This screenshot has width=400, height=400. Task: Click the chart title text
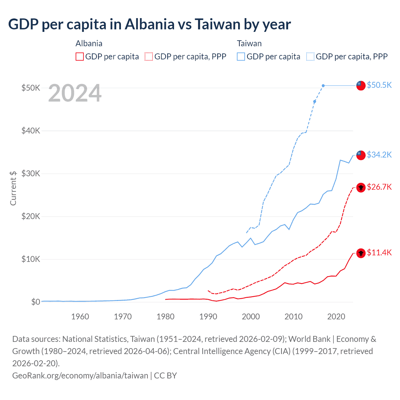click(149, 24)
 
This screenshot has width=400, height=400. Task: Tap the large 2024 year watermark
click(75, 93)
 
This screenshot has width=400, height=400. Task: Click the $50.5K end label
click(379, 85)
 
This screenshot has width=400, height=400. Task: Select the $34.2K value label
click(379, 155)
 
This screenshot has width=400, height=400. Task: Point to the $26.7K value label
click(379, 187)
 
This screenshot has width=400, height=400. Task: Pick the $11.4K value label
click(379, 252)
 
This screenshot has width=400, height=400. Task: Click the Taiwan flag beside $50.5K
click(361, 85)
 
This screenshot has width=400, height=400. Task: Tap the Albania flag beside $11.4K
click(361, 253)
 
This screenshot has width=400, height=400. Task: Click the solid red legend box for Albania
click(80, 57)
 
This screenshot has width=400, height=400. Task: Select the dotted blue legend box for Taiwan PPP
click(310, 57)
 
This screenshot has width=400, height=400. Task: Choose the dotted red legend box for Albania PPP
click(149, 57)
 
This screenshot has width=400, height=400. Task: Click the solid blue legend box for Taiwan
click(241, 57)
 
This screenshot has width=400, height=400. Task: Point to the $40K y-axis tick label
click(31, 131)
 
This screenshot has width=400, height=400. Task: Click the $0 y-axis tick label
click(35, 302)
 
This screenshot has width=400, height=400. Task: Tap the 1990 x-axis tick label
click(208, 317)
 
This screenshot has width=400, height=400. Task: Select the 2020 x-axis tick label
click(336, 317)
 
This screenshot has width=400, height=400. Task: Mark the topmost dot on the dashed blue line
click(323, 86)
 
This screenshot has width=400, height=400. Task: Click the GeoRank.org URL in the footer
click(80, 375)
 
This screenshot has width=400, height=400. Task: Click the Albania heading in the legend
click(89, 43)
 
